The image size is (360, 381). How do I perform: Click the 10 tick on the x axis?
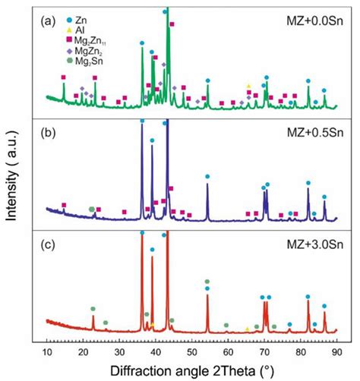[x=48, y=353]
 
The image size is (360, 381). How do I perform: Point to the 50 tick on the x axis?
[x=192, y=353]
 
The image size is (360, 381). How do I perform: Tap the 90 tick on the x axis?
[x=336, y=353]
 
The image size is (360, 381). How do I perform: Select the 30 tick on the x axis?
[x=120, y=353]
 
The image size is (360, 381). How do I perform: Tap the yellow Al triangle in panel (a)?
[x=248, y=86]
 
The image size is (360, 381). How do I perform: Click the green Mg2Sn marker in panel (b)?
[x=93, y=208]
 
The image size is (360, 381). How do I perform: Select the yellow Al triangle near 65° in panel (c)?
[x=247, y=329]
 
